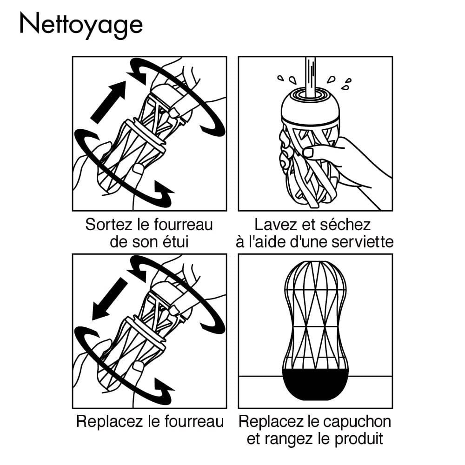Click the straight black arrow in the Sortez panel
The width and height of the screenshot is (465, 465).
[x=108, y=102]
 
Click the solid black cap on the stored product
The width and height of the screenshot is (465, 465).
[x=316, y=383]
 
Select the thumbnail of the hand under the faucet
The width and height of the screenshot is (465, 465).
[x=309, y=152]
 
